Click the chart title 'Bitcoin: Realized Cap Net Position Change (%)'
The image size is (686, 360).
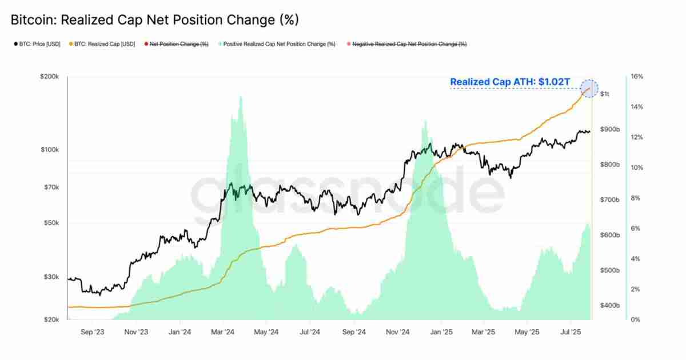tap(155, 20)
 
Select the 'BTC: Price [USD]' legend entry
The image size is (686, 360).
tap(37, 44)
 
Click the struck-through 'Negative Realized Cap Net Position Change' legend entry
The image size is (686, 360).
tap(409, 44)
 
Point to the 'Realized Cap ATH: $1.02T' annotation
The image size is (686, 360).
tap(510, 82)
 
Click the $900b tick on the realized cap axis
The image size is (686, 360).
tap(610, 130)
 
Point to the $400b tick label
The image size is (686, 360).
tap(610, 306)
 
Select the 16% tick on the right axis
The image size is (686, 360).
tap(637, 77)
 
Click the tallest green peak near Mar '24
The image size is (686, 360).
tap(241, 98)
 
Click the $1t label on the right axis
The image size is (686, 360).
tap(605, 94)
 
